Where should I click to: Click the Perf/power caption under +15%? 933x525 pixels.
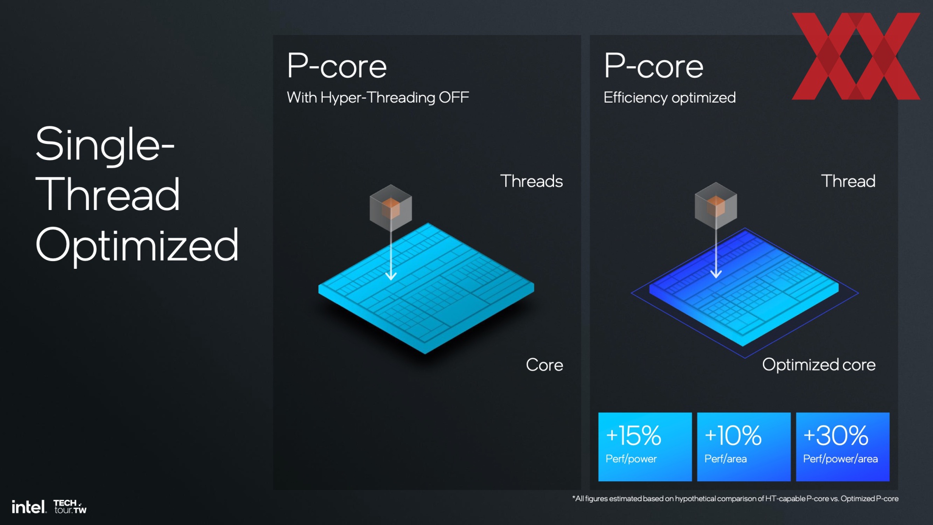point(631,459)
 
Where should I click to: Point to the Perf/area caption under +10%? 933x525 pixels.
point(726,459)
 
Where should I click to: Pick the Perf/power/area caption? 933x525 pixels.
point(840,459)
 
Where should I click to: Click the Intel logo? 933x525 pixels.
point(29,507)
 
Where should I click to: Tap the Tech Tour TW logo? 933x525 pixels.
point(70,507)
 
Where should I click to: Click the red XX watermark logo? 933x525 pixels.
point(856,56)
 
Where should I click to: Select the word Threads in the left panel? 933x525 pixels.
point(532,181)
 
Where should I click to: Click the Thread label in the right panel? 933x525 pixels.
point(848,181)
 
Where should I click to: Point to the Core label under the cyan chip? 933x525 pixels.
point(544,365)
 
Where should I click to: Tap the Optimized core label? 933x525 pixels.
point(819,365)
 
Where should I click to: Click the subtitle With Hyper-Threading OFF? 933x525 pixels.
point(378,98)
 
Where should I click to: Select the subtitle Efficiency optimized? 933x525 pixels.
point(670,98)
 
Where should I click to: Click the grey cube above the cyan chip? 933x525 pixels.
point(391,208)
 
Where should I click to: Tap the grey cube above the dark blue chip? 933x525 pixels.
point(716,205)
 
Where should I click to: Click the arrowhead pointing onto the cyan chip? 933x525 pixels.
point(391,276)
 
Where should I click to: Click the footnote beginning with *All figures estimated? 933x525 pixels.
point(735,499)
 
